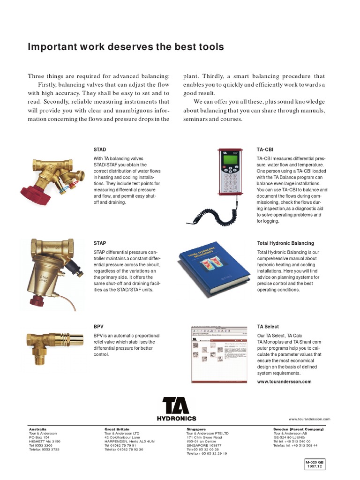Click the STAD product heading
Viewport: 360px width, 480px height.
[x=100, y=150]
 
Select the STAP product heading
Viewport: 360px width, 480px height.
[x=100, y=243]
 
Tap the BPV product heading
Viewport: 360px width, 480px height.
[x=98, y=327]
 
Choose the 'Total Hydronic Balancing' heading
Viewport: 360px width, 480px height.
[x=285, y=243]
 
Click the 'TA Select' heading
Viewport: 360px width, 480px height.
[x=268, y=327]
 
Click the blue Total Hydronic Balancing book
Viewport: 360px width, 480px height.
[x=210, y=269]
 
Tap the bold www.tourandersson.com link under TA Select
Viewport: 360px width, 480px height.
[x=284, y=382]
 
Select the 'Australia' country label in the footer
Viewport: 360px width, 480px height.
[x=37, y=429]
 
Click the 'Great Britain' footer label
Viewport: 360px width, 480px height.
[x=116, y=429]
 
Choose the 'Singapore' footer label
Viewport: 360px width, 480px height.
[x=196, y=429]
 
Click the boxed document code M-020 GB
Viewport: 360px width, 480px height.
[x=315, y=464]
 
